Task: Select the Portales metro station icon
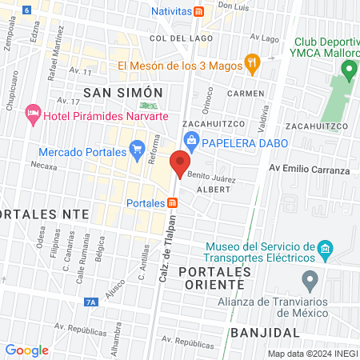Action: [174, 202]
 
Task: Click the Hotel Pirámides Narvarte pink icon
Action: [33, 114]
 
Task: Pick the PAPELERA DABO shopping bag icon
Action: [191, 143]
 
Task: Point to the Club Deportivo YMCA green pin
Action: [348, 70]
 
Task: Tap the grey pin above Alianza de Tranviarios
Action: [310, 281]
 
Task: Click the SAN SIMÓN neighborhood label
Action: [128, 93]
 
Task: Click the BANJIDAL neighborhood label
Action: [258, 331]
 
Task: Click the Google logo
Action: [26, 350]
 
